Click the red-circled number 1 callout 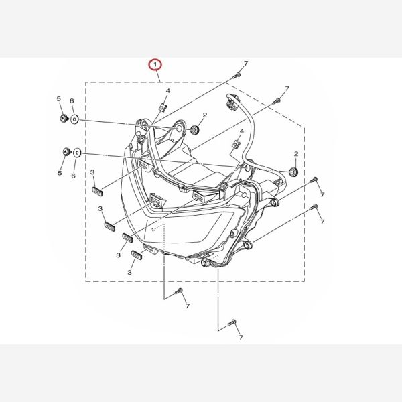[155, 64]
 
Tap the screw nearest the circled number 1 [237, 76]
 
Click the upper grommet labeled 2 [196, 129]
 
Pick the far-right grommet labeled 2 [293, 172]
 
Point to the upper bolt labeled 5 [64, 119]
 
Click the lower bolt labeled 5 [67, 152]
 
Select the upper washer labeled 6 [74, 119]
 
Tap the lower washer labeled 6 [77, 153]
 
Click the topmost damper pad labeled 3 [97, 191]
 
